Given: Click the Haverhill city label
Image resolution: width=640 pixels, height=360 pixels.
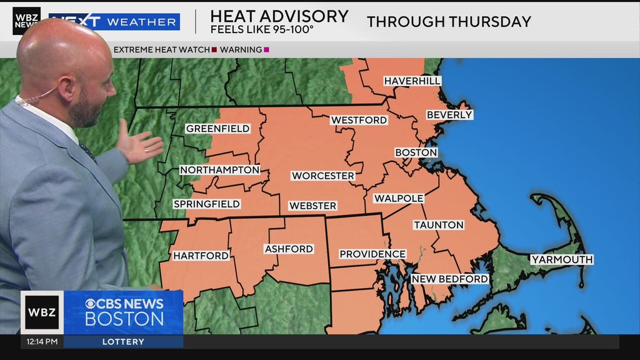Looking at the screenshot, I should click(x=412, y=81).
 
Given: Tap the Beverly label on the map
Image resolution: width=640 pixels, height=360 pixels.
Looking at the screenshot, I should click(x=449, y=115).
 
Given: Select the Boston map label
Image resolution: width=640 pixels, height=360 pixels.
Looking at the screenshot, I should click(x=416, y=152).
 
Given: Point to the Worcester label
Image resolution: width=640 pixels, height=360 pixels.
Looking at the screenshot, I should click(x=323, y=176).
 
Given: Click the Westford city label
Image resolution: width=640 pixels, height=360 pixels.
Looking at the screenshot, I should click(x=359, y=120).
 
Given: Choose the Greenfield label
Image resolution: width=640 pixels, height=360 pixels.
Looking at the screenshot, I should click(x=217, y=129).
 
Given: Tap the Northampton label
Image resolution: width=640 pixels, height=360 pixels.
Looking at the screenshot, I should click(x=219, y=170).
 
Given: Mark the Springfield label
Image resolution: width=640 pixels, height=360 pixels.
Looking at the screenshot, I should click(x=206, y=204).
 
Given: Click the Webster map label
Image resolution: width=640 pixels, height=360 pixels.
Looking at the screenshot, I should click(x=312, y=206).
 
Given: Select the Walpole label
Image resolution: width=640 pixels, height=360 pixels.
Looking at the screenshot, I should click(x=399, y=198).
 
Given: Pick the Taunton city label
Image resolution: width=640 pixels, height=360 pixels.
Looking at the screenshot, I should click(x=438, y=225).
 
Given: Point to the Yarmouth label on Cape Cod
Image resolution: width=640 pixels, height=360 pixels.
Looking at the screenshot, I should click(x=561, y=259).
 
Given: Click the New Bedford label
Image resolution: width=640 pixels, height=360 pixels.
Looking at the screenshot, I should click(x=449, y=279).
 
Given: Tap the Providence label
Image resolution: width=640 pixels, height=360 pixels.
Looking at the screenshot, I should click(x=372, y=254).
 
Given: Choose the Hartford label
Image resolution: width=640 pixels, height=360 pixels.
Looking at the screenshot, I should click(x=201, y=256).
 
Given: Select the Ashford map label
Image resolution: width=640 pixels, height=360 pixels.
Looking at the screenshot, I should click(x=288, y=249).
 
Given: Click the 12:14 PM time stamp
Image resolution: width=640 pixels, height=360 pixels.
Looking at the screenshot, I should click(x=42, y=342).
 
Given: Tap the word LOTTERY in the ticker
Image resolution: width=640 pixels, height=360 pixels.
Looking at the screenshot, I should click(x=123, y=342).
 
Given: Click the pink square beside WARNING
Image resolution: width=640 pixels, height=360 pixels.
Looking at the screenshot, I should click(x=267, y=50).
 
